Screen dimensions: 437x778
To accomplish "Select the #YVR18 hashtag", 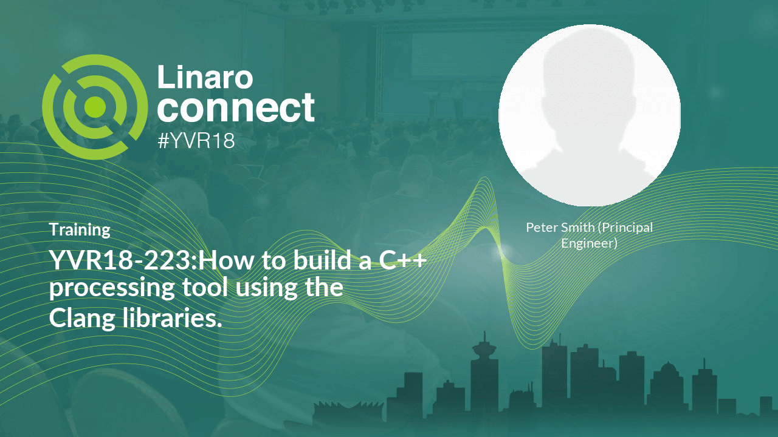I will coord(196,141).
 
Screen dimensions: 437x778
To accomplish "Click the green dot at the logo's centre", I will coord(95,107).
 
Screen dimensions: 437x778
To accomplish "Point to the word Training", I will coord(80,230).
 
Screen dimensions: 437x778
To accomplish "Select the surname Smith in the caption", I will coord(577,228).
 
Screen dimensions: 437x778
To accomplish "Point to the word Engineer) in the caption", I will coord(589,244).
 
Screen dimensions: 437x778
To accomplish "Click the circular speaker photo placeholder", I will coord(589,115).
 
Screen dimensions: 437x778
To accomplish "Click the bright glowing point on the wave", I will coord(501,249).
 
